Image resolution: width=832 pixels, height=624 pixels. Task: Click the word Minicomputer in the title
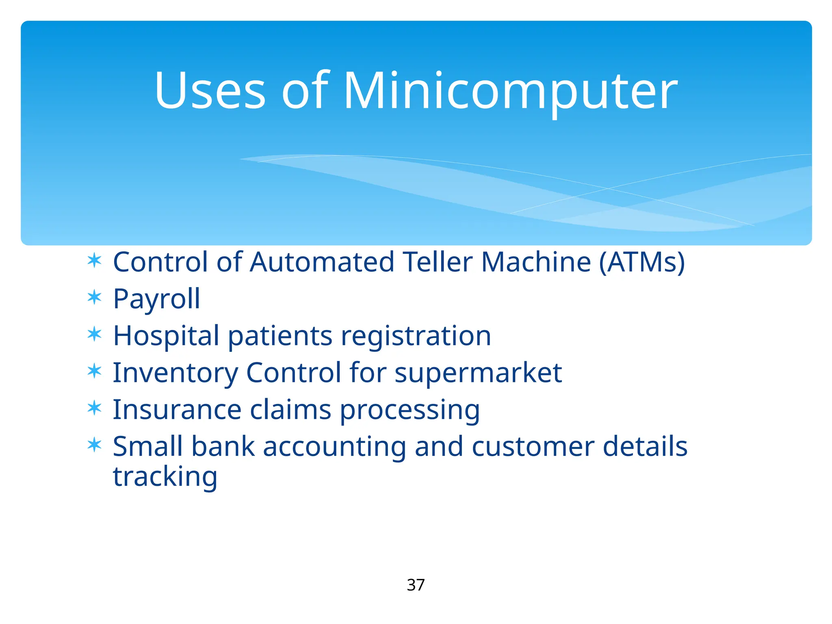click(510, 91)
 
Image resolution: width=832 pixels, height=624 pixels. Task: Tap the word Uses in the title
click(210, 91)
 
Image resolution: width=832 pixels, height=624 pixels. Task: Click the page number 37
click(416, 585)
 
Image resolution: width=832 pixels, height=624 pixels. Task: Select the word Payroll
click(156, 299)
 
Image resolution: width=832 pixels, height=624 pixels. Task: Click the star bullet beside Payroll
click(94, 297)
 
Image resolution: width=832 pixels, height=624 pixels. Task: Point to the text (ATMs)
click(642, 262)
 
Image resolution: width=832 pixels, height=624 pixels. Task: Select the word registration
click(416, 336)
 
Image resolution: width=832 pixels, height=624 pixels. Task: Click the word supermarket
click(478, 373)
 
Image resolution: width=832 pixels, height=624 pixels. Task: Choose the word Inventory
click(175, 373)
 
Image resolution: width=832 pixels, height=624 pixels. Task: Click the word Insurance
click(177, 409)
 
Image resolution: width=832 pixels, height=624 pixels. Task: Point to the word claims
click(290, 409)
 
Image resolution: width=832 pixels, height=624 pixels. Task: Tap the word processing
click(409, 410)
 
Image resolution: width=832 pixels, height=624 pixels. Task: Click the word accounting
click(334, 447)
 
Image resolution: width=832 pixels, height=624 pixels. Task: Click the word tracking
click(165, 477)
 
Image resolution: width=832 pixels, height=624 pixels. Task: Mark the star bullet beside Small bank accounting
click(94, 445)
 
